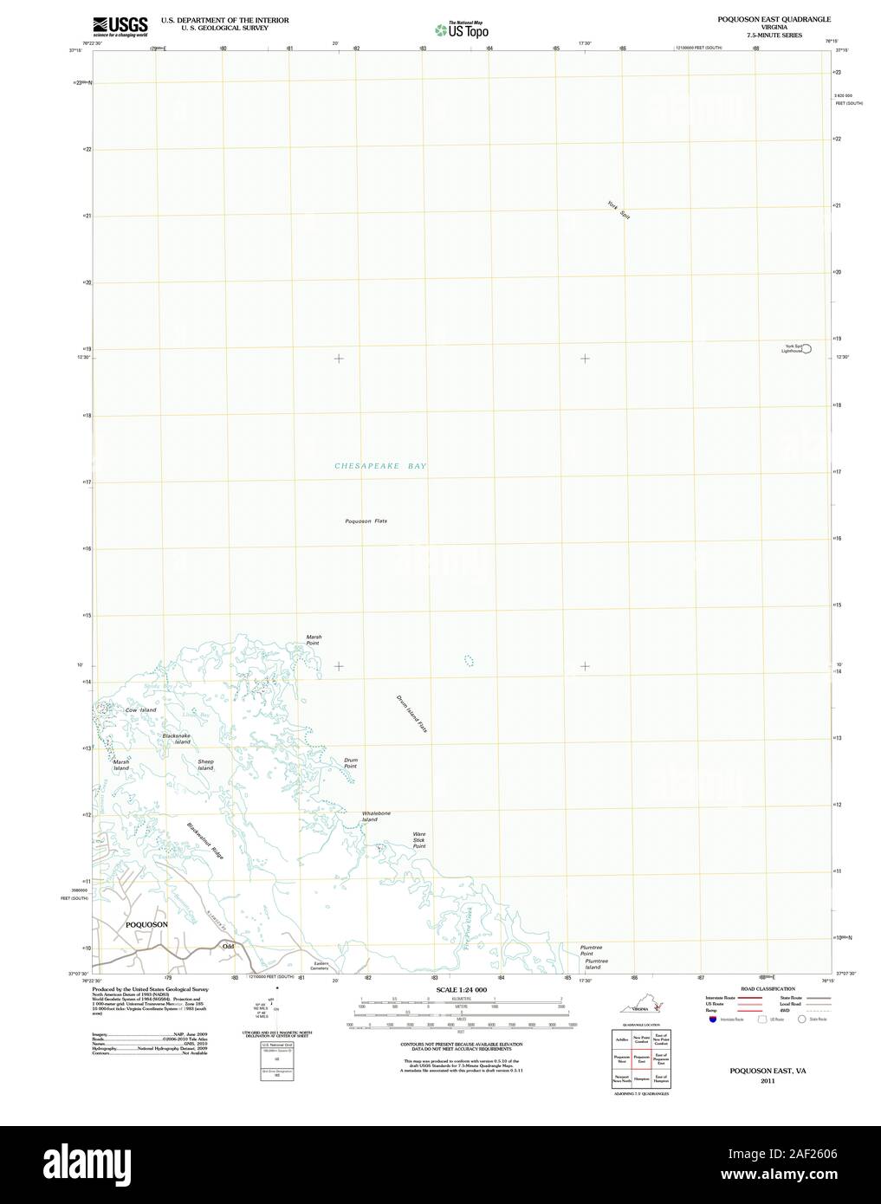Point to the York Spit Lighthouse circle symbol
(807, 348)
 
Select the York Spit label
(618, 209)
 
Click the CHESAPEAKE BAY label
(380, 466)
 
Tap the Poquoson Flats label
(366, 521)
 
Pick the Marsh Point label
(313, 640)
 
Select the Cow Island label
(140, 710)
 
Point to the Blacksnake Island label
(177, 739)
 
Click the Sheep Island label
(205, 765)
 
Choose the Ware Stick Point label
(418, 839)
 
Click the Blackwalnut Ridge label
(205, 840)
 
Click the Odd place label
(228, 947)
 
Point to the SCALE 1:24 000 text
(462, 989)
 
